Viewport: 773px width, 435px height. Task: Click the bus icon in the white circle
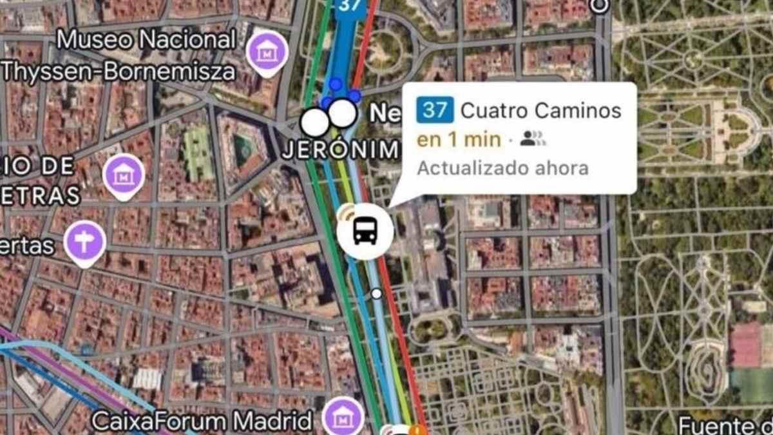(x=365, y=230)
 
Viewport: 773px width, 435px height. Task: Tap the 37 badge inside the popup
(x=435, y=110)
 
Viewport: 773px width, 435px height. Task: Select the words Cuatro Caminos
(x=540, y=110)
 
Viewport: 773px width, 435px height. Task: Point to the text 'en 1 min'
(x=459, y=139)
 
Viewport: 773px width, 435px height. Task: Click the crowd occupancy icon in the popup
(x=532, y=139)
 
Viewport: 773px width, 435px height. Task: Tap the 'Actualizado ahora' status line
(x=502, y=168)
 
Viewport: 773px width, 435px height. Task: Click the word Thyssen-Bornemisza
(x=118, y=71)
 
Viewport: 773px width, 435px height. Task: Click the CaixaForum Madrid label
(x=202, y=421)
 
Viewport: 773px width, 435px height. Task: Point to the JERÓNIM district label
(x=341, y=150)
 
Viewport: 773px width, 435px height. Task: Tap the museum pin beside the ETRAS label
(x=124, y=174)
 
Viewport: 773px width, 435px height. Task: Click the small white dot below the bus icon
(x=376, y=294)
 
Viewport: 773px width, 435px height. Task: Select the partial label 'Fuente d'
(x=725, y=425)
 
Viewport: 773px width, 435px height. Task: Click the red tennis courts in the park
(x=747, y=345)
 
